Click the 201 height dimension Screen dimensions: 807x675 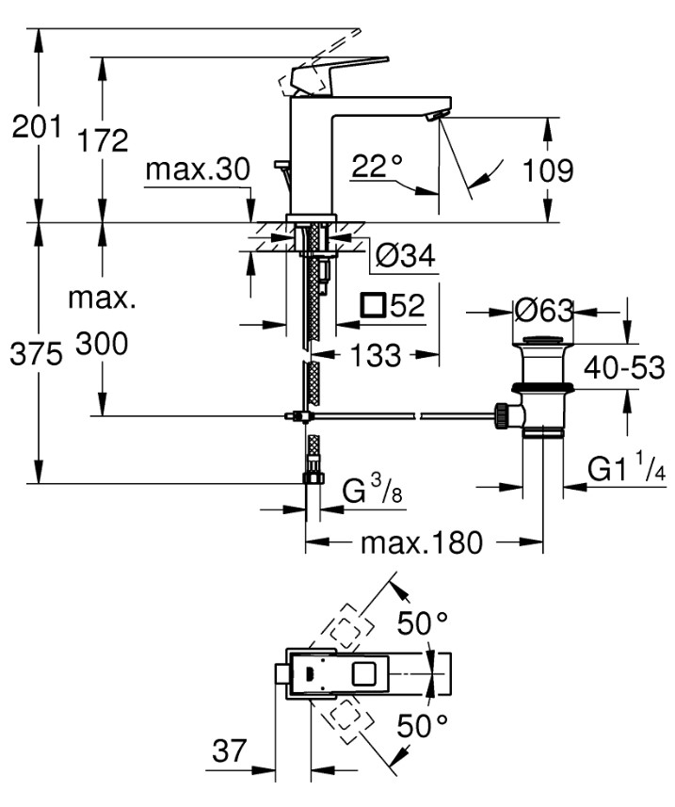pyautogui.click(x=36, y=126)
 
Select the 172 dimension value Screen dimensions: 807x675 pyautogui.click(x=103, y=140)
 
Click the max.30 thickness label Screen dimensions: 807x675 pyautogui.click(x=198, y=170)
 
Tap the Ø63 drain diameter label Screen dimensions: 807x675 pyautogui.click(x=544, y=308)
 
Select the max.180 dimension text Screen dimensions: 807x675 pyautogui.click(x=422, y=542)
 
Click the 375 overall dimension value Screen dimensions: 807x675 pyautogui.click(x=36, y=354)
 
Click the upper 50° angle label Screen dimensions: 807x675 pyautogui.click(x=423, y=623)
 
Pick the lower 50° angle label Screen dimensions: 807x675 pyautogui.click(x=423, y=727)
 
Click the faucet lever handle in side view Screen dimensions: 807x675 pyautogui.click(x=339, y=71)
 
